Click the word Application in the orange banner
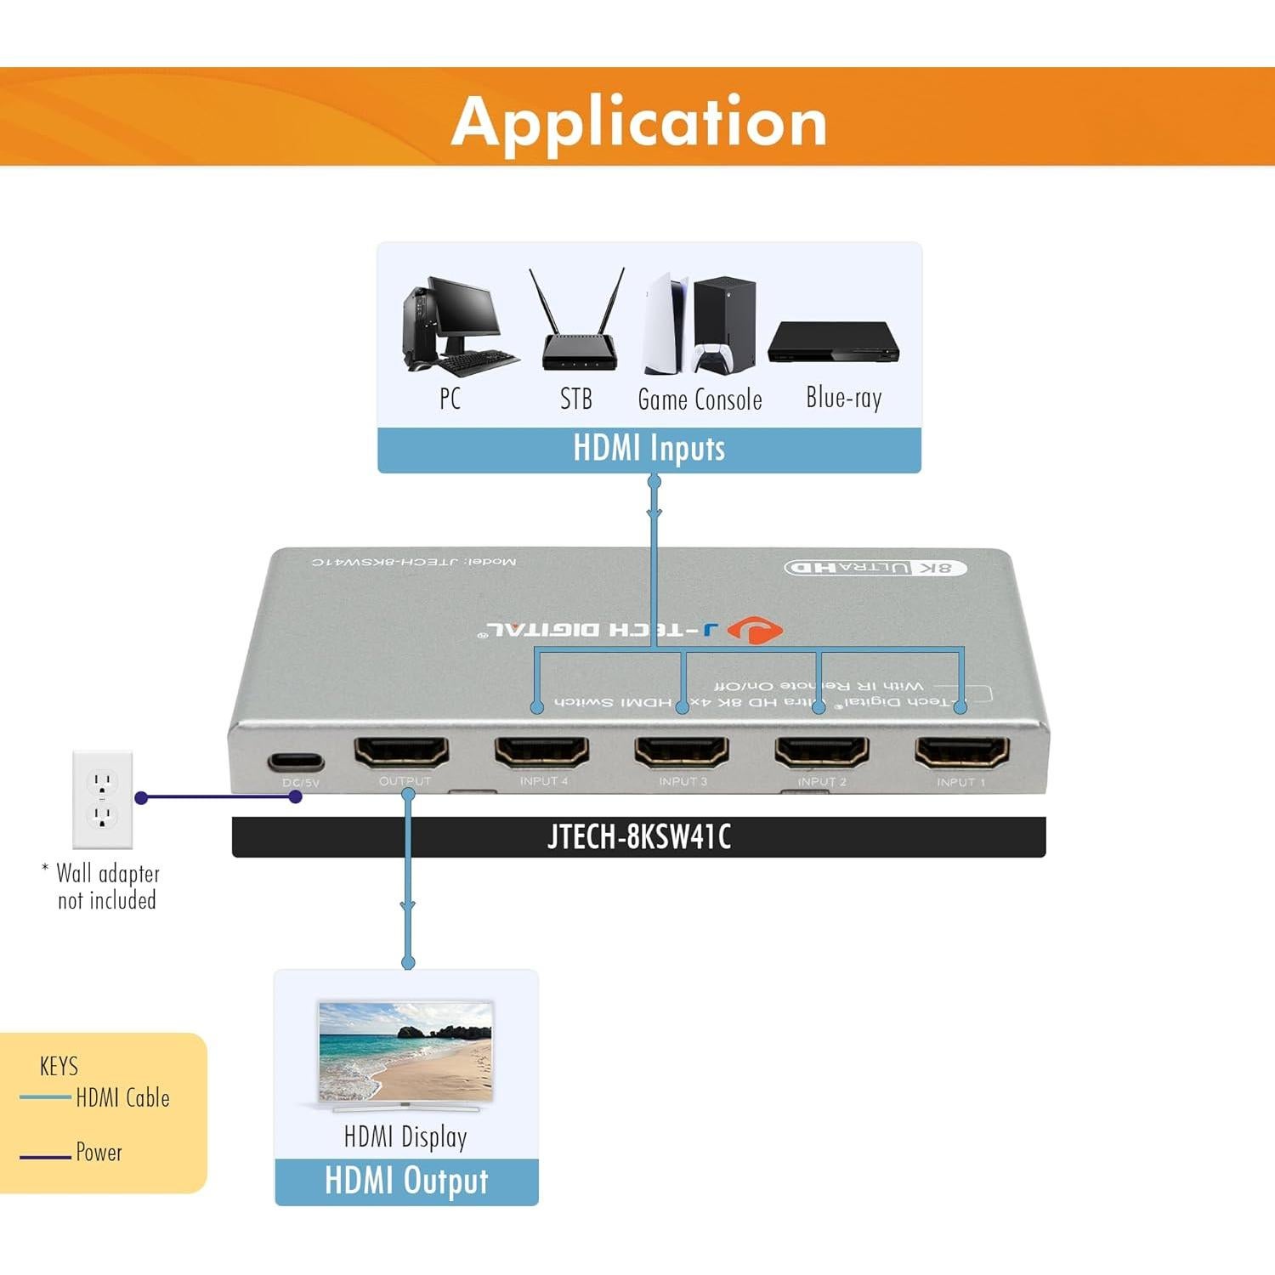(x=639, y=122)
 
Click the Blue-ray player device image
(x=833, y=343)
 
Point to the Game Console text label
(x=700, y=399)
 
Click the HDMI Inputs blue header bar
(x=649, y=449)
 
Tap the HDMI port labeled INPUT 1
(x=961, y=751)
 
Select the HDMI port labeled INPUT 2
(x=821, y=751)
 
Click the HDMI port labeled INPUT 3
(x=682, y=751)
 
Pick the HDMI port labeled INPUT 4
(x=541, y=751)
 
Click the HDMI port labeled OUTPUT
(x=401, y=751)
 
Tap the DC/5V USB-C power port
(x=296, y=762)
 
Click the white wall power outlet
(x=102, y=799)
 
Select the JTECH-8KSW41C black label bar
(x=638, y=837)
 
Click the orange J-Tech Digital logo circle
(x=755, y=631)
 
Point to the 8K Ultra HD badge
(x=875, y=567)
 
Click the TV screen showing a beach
(x=405, y=1051)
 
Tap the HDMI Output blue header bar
(x=406, y=1181)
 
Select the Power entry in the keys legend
(x=99, y=1153)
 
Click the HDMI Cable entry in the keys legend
(x=122, y=1098)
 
